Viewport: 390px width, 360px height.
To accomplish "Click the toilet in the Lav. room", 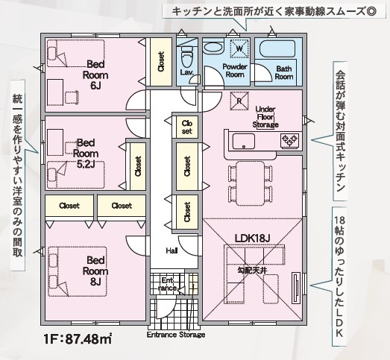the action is point(187,57).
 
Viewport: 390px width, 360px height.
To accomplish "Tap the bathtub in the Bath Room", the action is point(277,49).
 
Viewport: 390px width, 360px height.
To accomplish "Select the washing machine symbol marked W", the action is point(239,48).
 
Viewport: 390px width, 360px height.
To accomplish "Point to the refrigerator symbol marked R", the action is point(239,101).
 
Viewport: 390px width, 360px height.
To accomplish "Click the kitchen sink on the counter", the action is point(244,141).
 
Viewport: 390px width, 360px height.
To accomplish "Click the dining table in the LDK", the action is point(251,183).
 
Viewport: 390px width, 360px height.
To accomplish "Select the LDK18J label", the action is point(252,239).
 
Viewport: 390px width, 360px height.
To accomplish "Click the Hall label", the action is point(172,251).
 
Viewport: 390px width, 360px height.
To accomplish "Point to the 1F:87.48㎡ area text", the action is point(78,339).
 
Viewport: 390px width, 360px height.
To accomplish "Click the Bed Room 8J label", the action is point(95,271).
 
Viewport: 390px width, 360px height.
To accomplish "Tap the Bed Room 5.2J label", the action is point(86,154).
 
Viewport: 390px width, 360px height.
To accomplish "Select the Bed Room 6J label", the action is point(95,75).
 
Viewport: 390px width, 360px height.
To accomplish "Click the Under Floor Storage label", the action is point(265,117).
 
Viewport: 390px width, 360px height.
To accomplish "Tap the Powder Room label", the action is point(235,71).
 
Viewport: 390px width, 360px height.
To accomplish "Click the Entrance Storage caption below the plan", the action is point(176,335).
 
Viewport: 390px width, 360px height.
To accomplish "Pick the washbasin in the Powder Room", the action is point(214,48).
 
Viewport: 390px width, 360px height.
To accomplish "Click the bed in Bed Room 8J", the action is point(78,271).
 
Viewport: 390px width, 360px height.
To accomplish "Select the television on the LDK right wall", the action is point(296,288).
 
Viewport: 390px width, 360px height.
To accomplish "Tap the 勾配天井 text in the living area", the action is point(253,271).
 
